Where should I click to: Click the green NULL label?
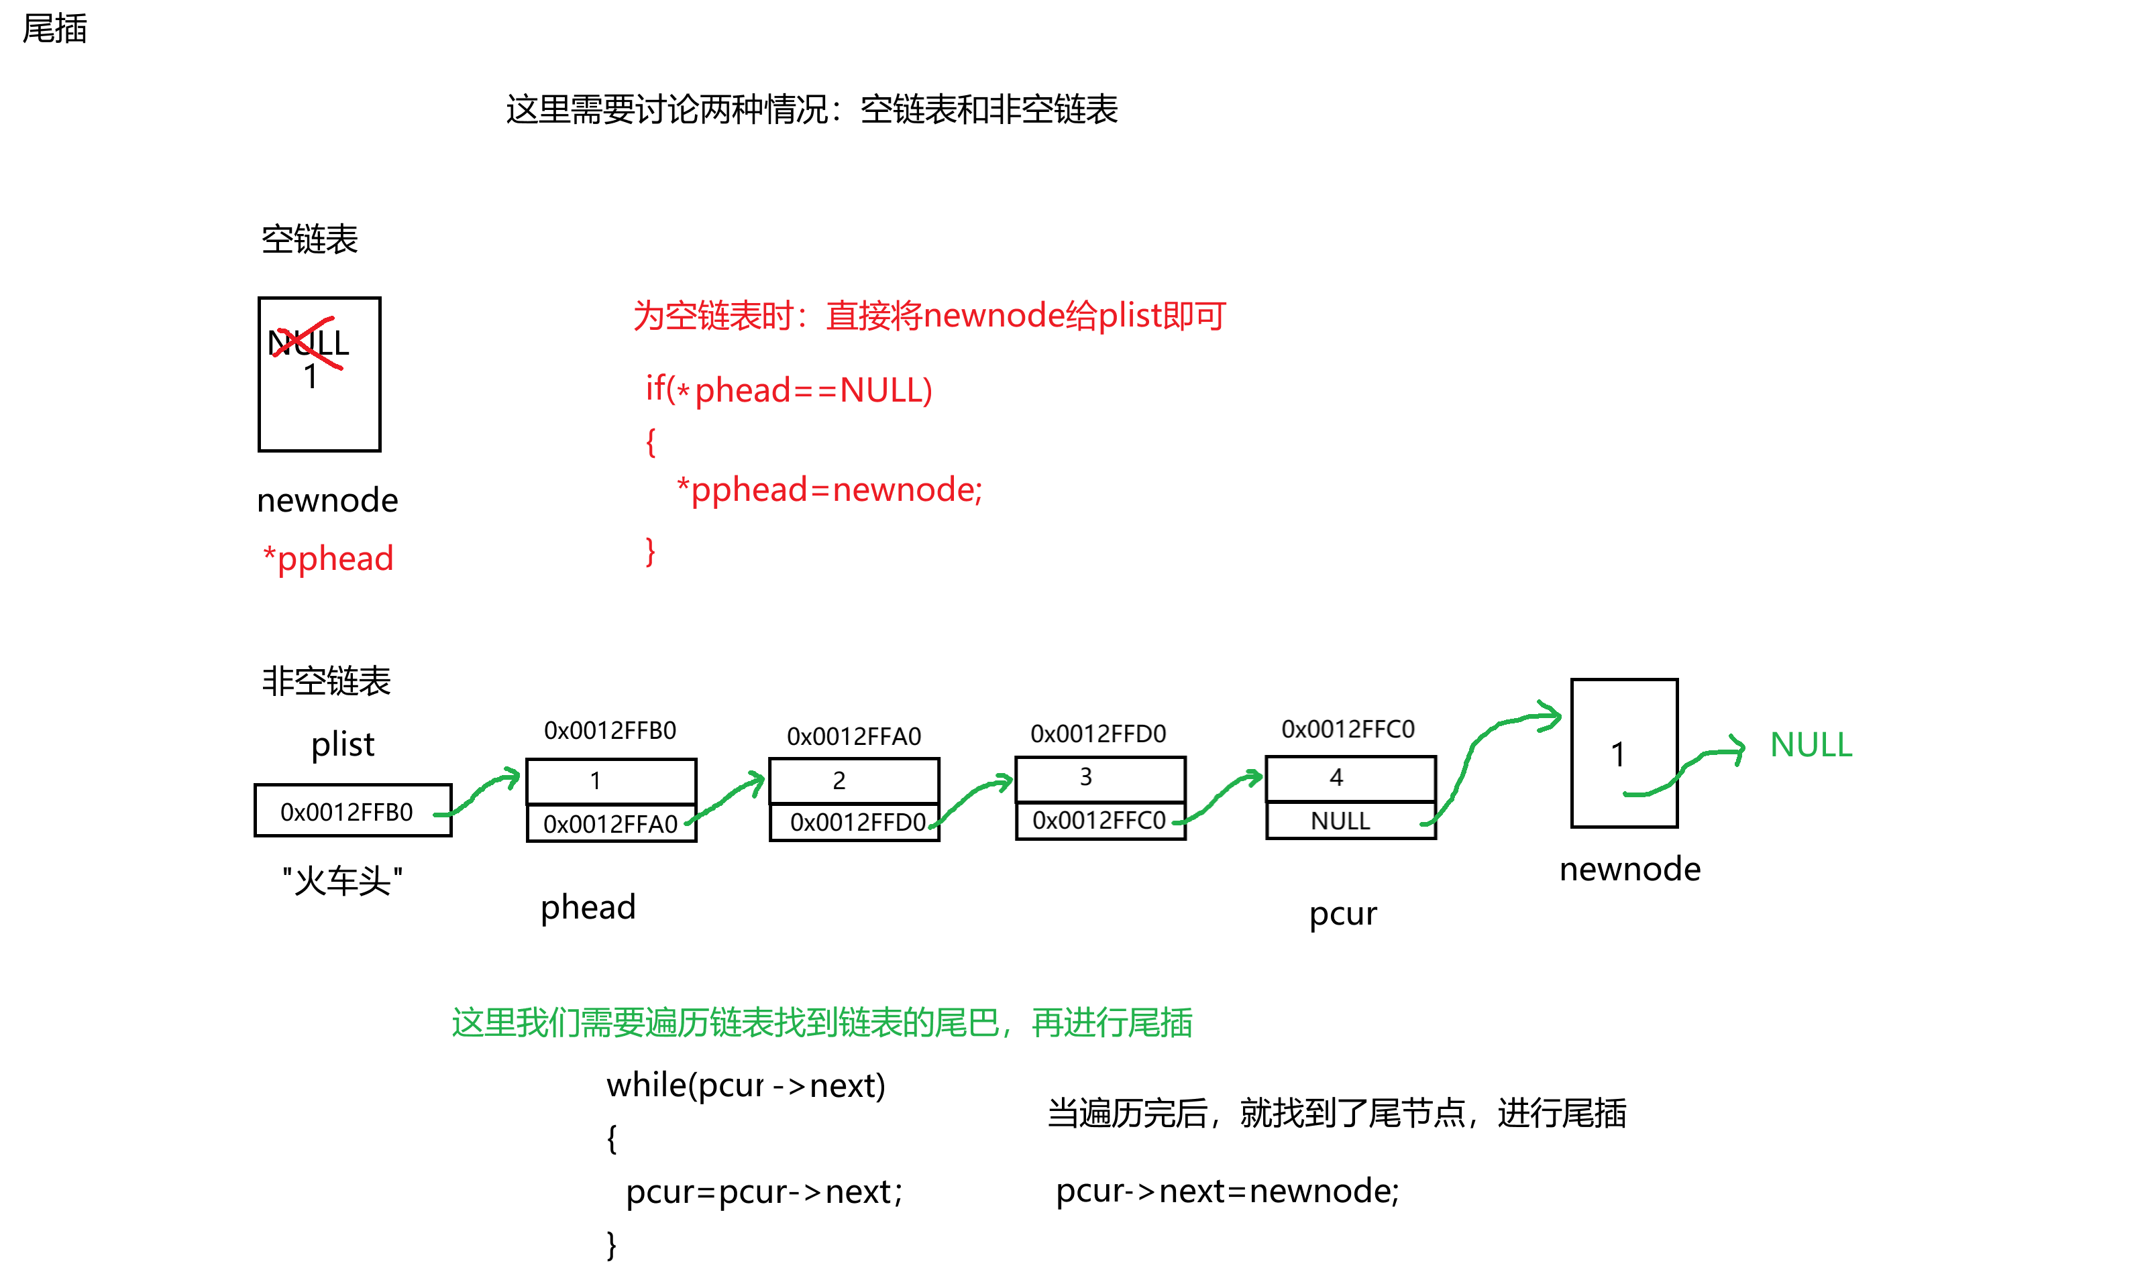(1811, 745)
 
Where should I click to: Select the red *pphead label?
(328, 558)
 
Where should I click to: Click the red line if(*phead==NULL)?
(788, 390)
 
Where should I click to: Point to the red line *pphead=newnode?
(829, 489)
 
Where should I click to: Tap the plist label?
(344, 745)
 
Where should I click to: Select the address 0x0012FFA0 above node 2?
(855, 736)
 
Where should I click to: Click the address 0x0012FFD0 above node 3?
(1098, 734)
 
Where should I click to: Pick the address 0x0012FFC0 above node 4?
(1348, 729)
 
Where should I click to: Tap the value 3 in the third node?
(1086, 777)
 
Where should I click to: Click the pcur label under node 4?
(1344, 913)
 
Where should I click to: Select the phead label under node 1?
(588, 907)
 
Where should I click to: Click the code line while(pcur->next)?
(745, 1086)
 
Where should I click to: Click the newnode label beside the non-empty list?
(1631, 869)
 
